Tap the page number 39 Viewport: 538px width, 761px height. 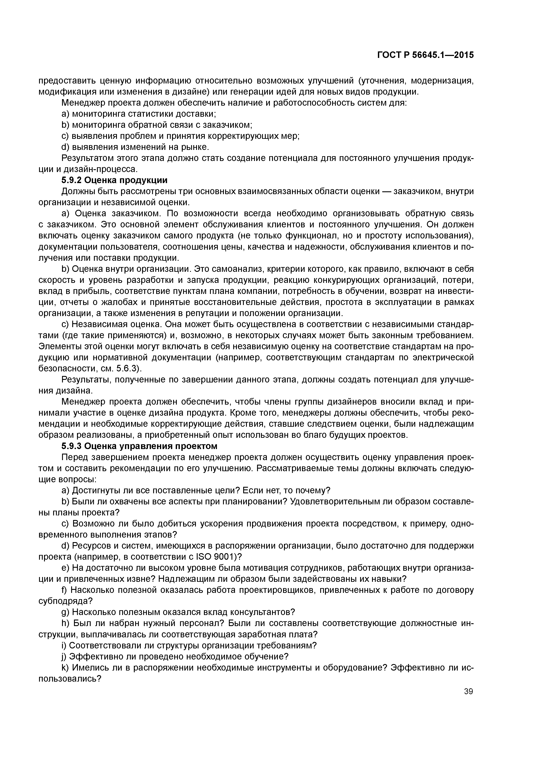[468, 691]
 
